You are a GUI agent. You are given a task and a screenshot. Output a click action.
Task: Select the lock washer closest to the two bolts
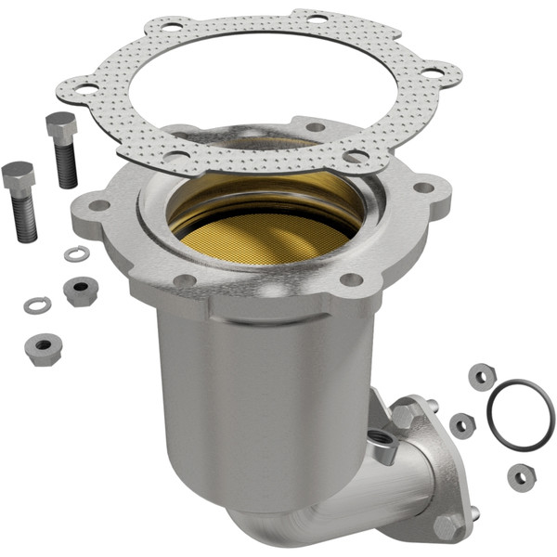pos(76,253)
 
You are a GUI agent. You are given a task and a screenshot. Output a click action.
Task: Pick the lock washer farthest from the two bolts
pos(36,304)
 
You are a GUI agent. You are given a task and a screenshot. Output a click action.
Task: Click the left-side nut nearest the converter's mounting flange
pos(81,291)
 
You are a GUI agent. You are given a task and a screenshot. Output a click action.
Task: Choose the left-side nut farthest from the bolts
pos(42,349)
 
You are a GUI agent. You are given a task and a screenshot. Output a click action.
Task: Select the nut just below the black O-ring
pos(521,477)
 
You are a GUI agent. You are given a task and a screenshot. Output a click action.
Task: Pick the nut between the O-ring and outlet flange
pos(461,425)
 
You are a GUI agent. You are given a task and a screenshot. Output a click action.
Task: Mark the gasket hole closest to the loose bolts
pos(86,89)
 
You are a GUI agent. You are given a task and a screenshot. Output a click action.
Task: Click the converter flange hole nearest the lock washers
pos(96,206)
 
